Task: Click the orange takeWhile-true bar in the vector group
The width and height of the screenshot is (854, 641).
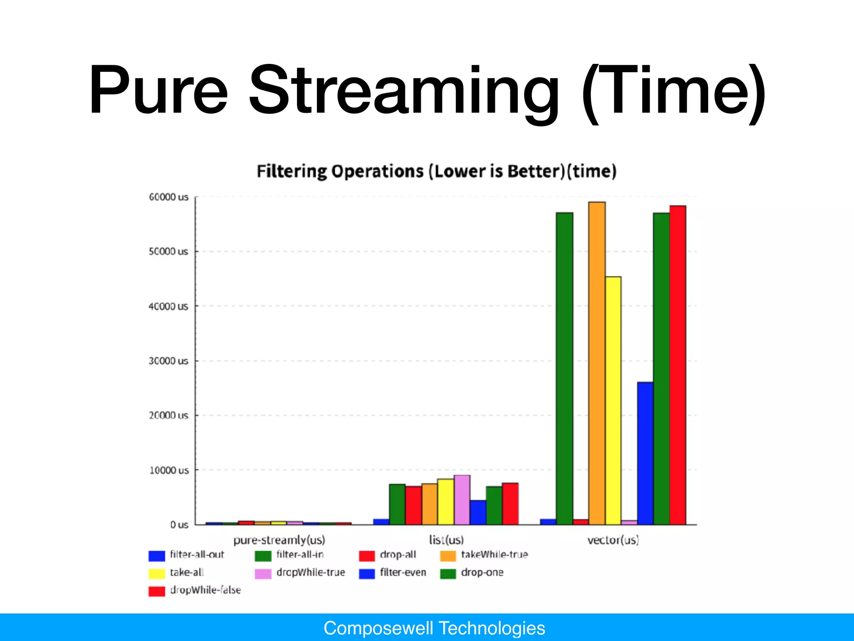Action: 597,363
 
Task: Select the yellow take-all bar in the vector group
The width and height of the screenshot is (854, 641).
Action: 613,401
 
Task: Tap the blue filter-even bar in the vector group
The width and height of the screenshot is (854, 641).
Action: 645,453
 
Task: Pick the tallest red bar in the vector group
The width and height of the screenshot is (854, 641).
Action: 678,365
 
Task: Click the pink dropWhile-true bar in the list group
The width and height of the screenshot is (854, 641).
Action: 462,500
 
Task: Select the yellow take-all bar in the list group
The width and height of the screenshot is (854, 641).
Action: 446,502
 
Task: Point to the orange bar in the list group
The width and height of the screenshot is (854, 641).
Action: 430,504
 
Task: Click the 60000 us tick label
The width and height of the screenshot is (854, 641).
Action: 168,197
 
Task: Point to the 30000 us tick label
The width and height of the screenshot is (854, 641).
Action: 168,361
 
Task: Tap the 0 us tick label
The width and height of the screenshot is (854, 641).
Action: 179,525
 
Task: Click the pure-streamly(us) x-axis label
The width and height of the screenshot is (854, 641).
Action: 279,540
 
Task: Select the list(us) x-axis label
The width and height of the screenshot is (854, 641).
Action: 446,540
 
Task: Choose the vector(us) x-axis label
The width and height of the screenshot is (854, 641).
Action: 613,540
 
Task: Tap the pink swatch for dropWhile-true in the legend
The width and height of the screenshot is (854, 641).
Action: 263,573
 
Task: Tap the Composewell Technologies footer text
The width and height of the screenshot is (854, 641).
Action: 434,628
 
